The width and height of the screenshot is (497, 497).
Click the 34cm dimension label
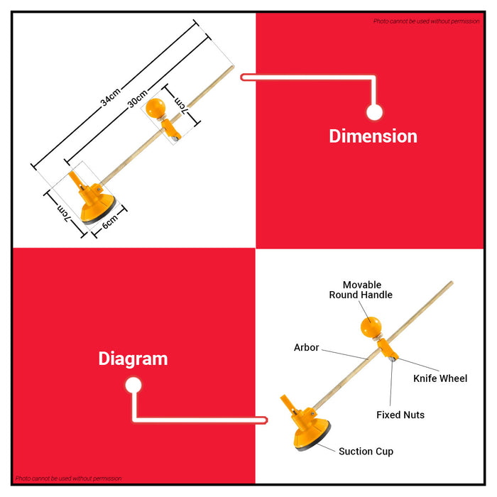tap(110, 97)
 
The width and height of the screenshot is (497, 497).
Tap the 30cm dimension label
tap(138, 99)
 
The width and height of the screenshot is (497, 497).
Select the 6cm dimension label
tap(110, 221)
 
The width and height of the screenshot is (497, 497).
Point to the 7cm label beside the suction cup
tap(63, 213)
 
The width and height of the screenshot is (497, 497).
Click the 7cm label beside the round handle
tap(182, 106)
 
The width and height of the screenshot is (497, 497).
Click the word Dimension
tap(373, 136)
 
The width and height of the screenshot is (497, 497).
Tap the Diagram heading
tap(133, 359)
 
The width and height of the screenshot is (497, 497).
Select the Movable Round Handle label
tap(361, 290)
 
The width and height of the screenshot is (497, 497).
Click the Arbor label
tap(306, 347)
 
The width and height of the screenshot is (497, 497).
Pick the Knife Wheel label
tap(440, 378)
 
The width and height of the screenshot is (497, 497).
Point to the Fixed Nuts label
tap(400, 415)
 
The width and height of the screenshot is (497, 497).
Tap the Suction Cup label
tap(366, 452)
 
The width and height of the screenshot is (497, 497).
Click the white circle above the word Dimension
tap(374, 112)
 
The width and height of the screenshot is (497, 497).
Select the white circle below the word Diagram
tap(133, 385)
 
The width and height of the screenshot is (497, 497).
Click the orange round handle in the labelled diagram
tap(371, 327)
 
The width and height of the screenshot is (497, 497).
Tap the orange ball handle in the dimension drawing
tap(155, 108)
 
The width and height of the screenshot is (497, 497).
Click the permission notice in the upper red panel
tap(426, 21)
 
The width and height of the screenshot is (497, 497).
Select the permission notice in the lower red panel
tap(68, 479)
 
